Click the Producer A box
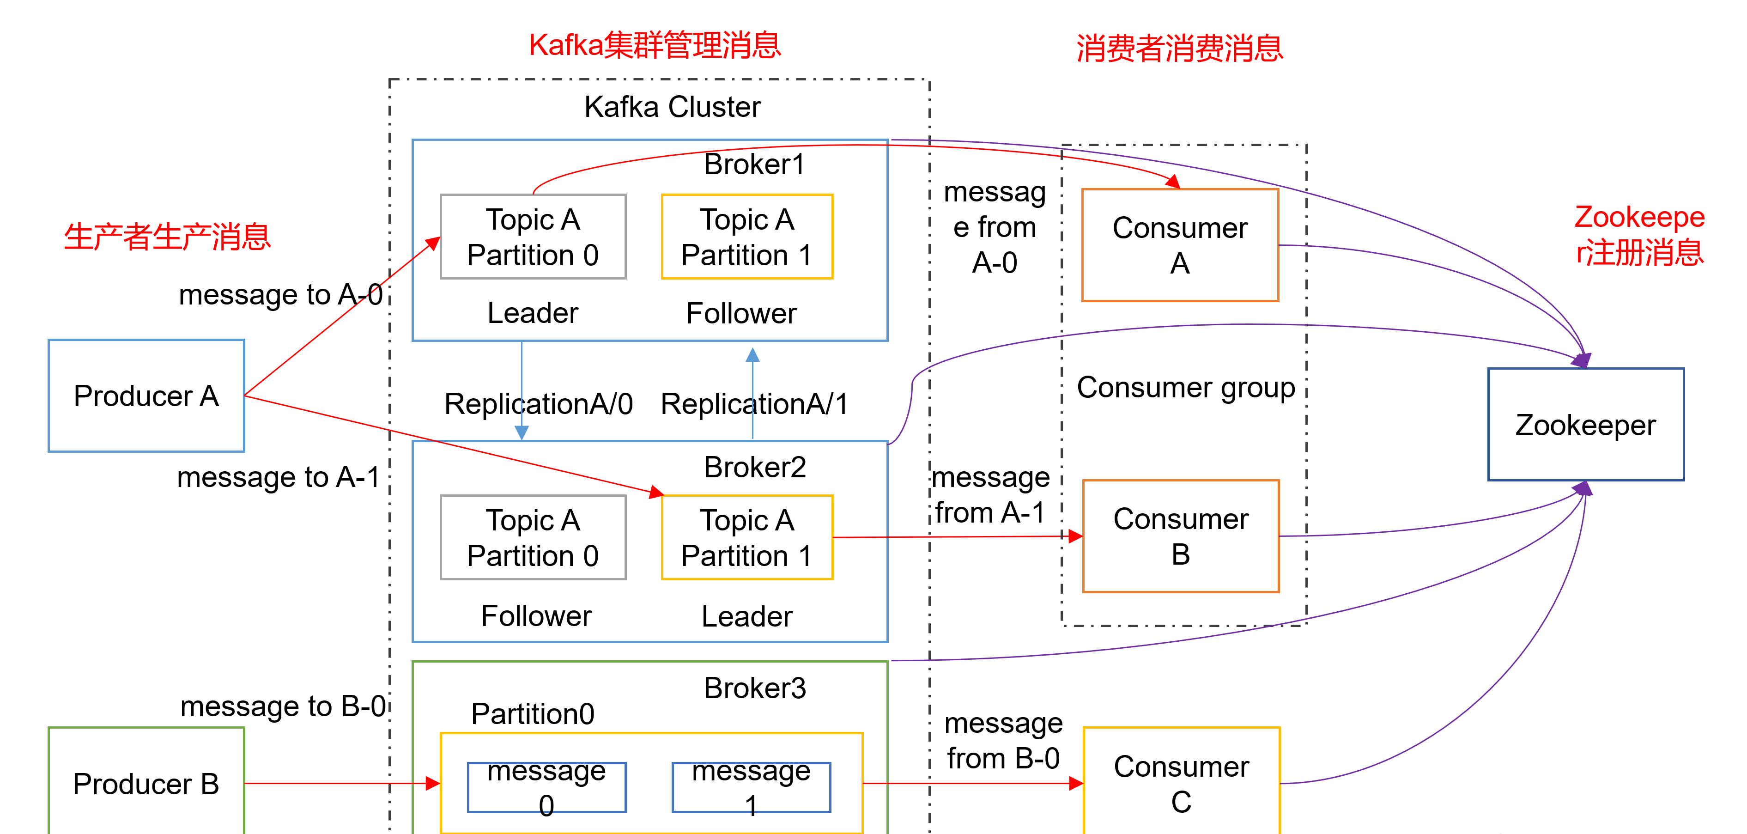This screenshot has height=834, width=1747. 146,396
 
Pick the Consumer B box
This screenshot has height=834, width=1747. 1180,536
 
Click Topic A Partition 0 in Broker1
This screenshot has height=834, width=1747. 533,237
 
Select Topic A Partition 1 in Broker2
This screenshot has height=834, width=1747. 746,537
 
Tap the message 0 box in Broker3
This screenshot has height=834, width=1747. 546,787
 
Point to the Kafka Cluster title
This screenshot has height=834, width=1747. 672,107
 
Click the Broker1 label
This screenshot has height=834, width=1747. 754,164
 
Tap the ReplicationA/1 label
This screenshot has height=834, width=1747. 754,404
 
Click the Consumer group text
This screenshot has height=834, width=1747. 1185,388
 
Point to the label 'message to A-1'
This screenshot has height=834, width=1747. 279,477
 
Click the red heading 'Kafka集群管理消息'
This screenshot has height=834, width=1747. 655,45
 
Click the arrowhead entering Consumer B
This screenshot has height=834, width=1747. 1076,536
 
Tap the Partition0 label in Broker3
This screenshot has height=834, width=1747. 533,714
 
